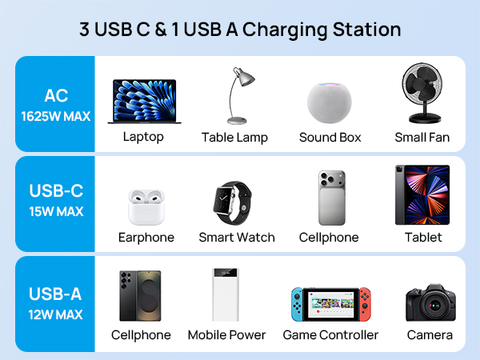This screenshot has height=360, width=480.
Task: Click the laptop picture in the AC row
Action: [x=144, y=101]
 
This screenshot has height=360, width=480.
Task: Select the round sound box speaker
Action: [x=330, y=101]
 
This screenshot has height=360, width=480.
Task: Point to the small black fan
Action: [x=422, y=94]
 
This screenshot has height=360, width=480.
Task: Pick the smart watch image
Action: [x=236, y=203]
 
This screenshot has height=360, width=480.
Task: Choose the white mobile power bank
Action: [x=226, y=294]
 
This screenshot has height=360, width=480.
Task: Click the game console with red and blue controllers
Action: [x=330, y=304]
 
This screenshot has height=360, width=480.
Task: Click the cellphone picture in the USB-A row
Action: [x=141, y=295]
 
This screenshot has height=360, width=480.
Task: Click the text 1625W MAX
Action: [x=56, y=117]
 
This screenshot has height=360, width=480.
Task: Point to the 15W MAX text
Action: [x=56, y=212]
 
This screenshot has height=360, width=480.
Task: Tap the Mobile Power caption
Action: [x=226, y=335]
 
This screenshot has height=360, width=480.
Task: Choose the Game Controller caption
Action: [x=330, y=335]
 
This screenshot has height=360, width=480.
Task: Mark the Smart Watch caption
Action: [x=237, y=238]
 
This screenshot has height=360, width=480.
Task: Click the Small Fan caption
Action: [x=422, y=138]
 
